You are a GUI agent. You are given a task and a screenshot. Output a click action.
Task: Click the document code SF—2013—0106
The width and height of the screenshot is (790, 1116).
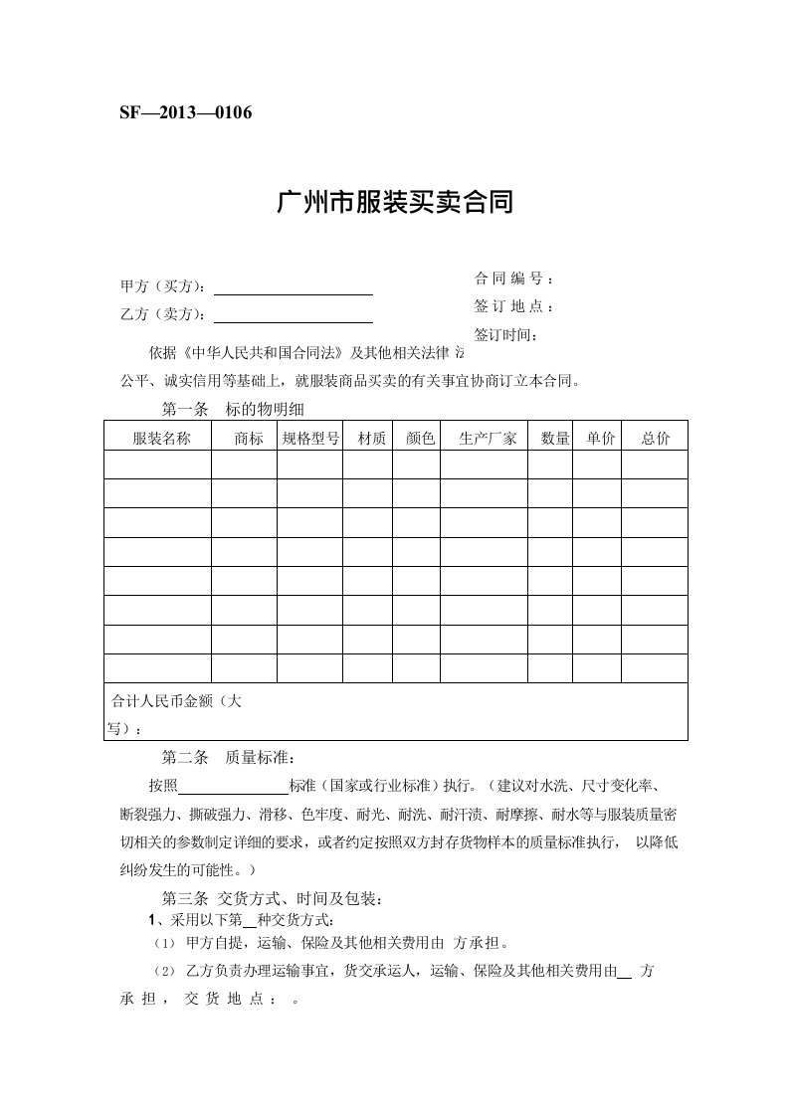(185, 112)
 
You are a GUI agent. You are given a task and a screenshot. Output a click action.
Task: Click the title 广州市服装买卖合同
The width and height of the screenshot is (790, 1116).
(394, 204)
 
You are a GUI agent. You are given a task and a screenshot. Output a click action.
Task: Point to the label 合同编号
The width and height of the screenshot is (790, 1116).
(512, 279)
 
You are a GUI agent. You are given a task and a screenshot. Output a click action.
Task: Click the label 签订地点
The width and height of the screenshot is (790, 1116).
(512, 306)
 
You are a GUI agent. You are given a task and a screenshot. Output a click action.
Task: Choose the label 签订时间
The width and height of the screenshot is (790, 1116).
(506, 334)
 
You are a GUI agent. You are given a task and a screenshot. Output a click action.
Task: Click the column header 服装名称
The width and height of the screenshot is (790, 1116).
(161, 438)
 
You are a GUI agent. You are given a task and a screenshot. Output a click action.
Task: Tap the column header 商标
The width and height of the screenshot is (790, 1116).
(249, 438)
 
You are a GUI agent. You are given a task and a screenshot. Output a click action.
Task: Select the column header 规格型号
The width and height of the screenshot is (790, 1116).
(310, 438)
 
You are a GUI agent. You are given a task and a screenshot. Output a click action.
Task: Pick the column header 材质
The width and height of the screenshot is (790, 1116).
(371, 438)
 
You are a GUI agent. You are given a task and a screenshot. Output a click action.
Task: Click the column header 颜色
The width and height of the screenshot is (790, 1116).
(421, 438)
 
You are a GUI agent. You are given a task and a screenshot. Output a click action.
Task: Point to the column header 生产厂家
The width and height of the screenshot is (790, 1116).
(488, 438)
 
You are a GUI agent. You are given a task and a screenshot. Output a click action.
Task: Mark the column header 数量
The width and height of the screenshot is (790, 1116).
(555, 438)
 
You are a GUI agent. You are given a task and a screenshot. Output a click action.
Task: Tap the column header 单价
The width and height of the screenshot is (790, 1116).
(601, 438)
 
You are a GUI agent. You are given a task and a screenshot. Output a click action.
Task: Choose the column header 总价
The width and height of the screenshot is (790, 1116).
(656, 438)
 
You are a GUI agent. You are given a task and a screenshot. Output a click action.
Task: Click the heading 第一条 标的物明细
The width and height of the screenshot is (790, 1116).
(240, 410)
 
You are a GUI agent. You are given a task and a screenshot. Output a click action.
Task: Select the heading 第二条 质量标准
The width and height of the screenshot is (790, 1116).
(228, 758)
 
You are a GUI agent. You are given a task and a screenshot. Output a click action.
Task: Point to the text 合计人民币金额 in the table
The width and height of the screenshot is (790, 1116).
(168, 701)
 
